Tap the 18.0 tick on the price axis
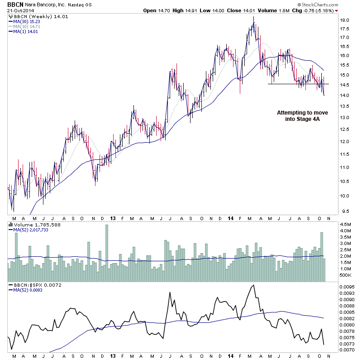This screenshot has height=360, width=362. (345, 20)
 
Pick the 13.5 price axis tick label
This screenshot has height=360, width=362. (345, 106)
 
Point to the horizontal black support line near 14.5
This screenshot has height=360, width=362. (299, 84)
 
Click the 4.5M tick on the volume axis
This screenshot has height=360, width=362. (346, 224)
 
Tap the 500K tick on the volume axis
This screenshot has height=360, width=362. (346, 275)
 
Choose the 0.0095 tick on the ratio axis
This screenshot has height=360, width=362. (348, 287)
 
